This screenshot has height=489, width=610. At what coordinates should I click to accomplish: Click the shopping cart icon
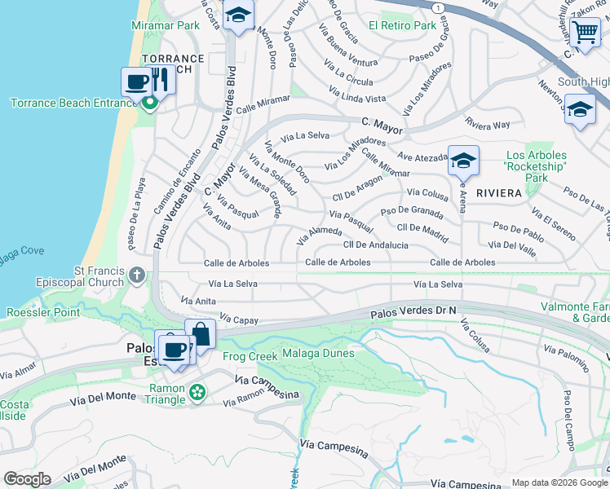pos(585,33)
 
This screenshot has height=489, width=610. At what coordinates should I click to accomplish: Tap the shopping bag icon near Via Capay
pos(200,333)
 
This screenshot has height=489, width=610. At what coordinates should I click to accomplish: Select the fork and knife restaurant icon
pos(159,81)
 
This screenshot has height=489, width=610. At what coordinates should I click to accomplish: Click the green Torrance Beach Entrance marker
pos(149,103)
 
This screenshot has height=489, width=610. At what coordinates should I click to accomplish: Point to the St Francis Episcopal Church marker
pos(136,275)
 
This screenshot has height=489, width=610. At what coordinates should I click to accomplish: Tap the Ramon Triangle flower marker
pos(197,394)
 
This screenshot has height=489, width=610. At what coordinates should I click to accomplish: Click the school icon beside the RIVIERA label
pos(463,161)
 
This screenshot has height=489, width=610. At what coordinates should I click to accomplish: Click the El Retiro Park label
pos(402,26)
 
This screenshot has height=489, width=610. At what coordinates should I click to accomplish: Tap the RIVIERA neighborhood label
pos(498,193)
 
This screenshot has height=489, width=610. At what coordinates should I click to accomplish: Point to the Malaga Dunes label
pos(318,354)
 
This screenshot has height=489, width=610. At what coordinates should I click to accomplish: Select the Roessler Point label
pos(43,312)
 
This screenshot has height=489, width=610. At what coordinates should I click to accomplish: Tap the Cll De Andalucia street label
pos(376,244)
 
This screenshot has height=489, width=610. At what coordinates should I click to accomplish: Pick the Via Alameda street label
pos(318,236)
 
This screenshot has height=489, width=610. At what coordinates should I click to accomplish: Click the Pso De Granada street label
pos(412,212)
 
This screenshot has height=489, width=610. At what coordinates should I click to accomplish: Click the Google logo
pos(27,479)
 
